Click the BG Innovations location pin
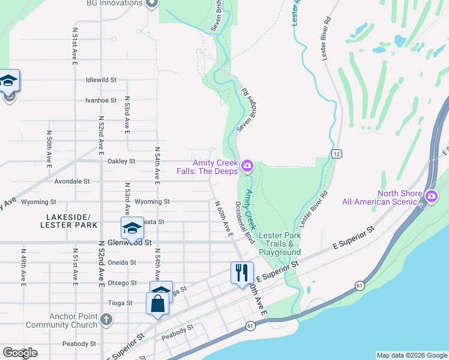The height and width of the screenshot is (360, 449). (x=152, y=4)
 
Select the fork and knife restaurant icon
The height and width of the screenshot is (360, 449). (x=242, y=272)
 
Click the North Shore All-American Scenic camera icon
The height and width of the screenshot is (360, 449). (x=431, y=197)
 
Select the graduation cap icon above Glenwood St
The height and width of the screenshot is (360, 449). (x=132, y=228)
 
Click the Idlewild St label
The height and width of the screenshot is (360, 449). (x=101, y=80)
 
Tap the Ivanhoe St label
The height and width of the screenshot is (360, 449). (x=101, y=100)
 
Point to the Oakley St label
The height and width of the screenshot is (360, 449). (x=121, y=161)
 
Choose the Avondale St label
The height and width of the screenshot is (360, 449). (x=72, y=181)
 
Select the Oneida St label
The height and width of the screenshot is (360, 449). (x=122, y=262)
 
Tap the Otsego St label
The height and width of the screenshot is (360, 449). (x=122, y=283)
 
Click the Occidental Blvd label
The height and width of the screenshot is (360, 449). (x=244, y=223)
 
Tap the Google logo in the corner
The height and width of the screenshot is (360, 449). (x=20, y=353)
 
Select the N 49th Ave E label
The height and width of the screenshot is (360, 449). (x=23, y=264)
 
